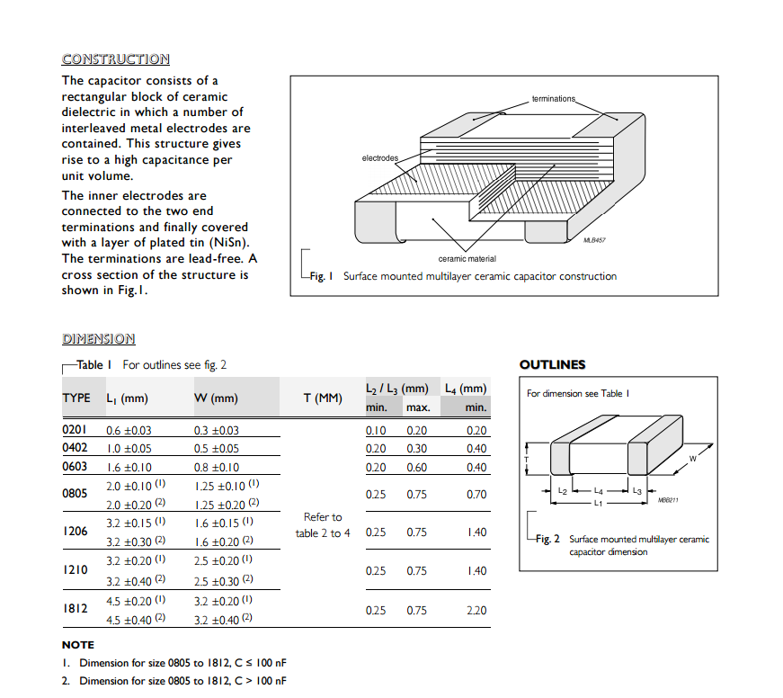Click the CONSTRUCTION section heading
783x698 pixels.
[115, 59]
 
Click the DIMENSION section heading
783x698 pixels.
[98, 339]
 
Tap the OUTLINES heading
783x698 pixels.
[552, 365]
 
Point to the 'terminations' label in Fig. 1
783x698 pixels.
[553, 98]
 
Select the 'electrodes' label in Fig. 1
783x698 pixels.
[379, 158]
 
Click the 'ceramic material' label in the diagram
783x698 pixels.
[467, 259]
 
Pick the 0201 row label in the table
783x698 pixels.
[74, 430]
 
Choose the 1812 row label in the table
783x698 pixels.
[75, 609]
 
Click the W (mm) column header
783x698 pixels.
[216, 398]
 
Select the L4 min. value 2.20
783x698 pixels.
[476, 611]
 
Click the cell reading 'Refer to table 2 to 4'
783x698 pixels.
[323, 525]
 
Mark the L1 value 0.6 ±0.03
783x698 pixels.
[129, 431]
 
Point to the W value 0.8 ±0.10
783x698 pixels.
[217, 468]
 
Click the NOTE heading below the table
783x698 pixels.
[77, 645]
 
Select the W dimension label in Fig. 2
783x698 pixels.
[692, 459]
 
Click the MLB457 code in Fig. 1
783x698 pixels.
[594, 240]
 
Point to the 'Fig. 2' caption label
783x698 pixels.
[547, 539]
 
